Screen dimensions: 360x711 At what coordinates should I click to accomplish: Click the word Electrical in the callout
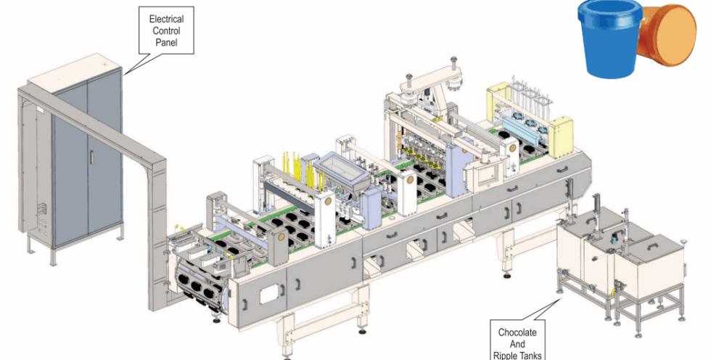point(167,17)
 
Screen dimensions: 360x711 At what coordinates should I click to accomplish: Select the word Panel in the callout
point(167,44)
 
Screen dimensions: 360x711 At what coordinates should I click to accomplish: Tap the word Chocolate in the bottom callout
point(517,333)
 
